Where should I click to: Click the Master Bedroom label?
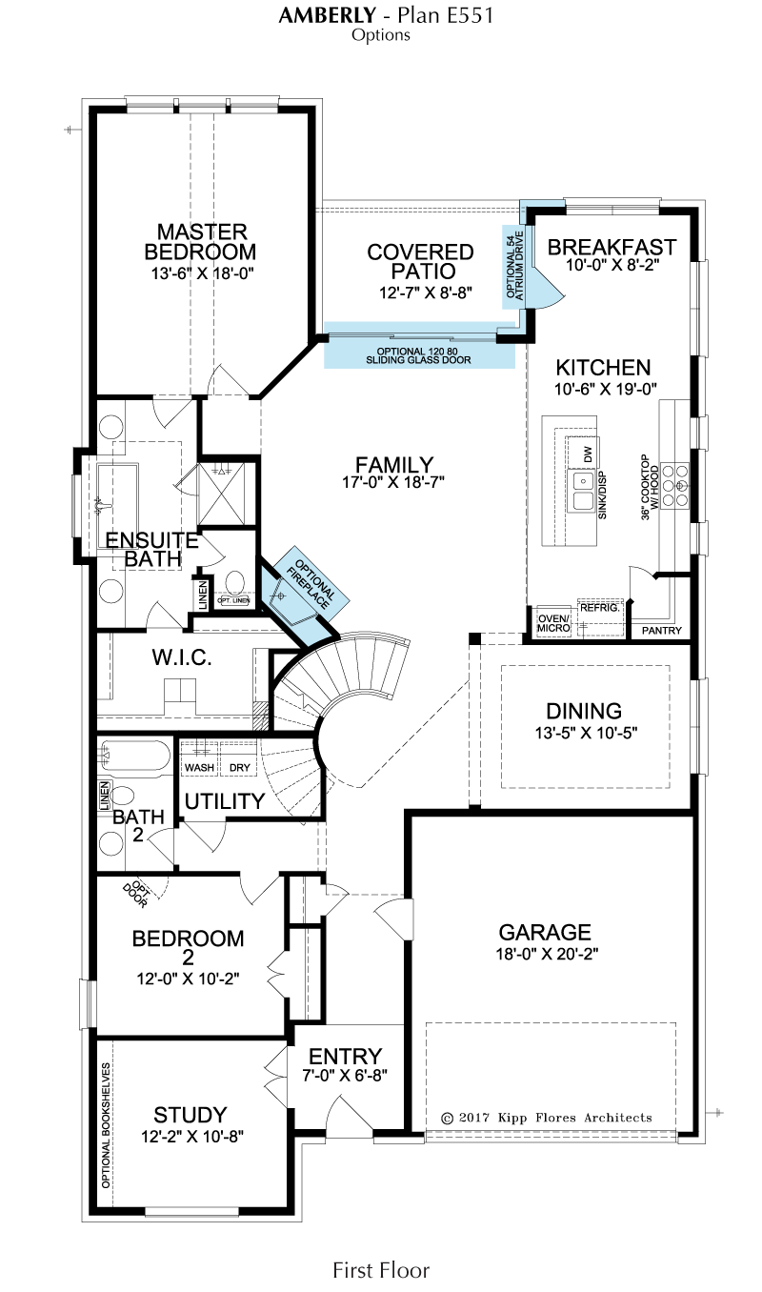point(200,242)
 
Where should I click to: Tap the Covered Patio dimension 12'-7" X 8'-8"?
point(426,293)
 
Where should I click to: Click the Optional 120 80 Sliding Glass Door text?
point(418,355)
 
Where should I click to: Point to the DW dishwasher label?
point(588,454)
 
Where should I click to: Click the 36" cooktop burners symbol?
point(675,484)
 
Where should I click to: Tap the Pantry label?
point(662,631)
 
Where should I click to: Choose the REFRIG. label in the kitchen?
point(600,608)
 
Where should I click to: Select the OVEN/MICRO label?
point(554,623)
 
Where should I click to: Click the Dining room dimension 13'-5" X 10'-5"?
point(586,733)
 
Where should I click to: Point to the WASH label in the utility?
point(199,768)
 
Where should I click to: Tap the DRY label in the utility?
point(240,768)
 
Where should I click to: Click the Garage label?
point(545,932)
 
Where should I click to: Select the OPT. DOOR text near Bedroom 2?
point(136,894)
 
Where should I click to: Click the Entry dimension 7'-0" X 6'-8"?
point(345,1075)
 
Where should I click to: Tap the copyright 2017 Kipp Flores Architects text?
point(547,1118)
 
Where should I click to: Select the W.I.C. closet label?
point(182,657)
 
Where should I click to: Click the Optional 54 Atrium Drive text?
point(515,265)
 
